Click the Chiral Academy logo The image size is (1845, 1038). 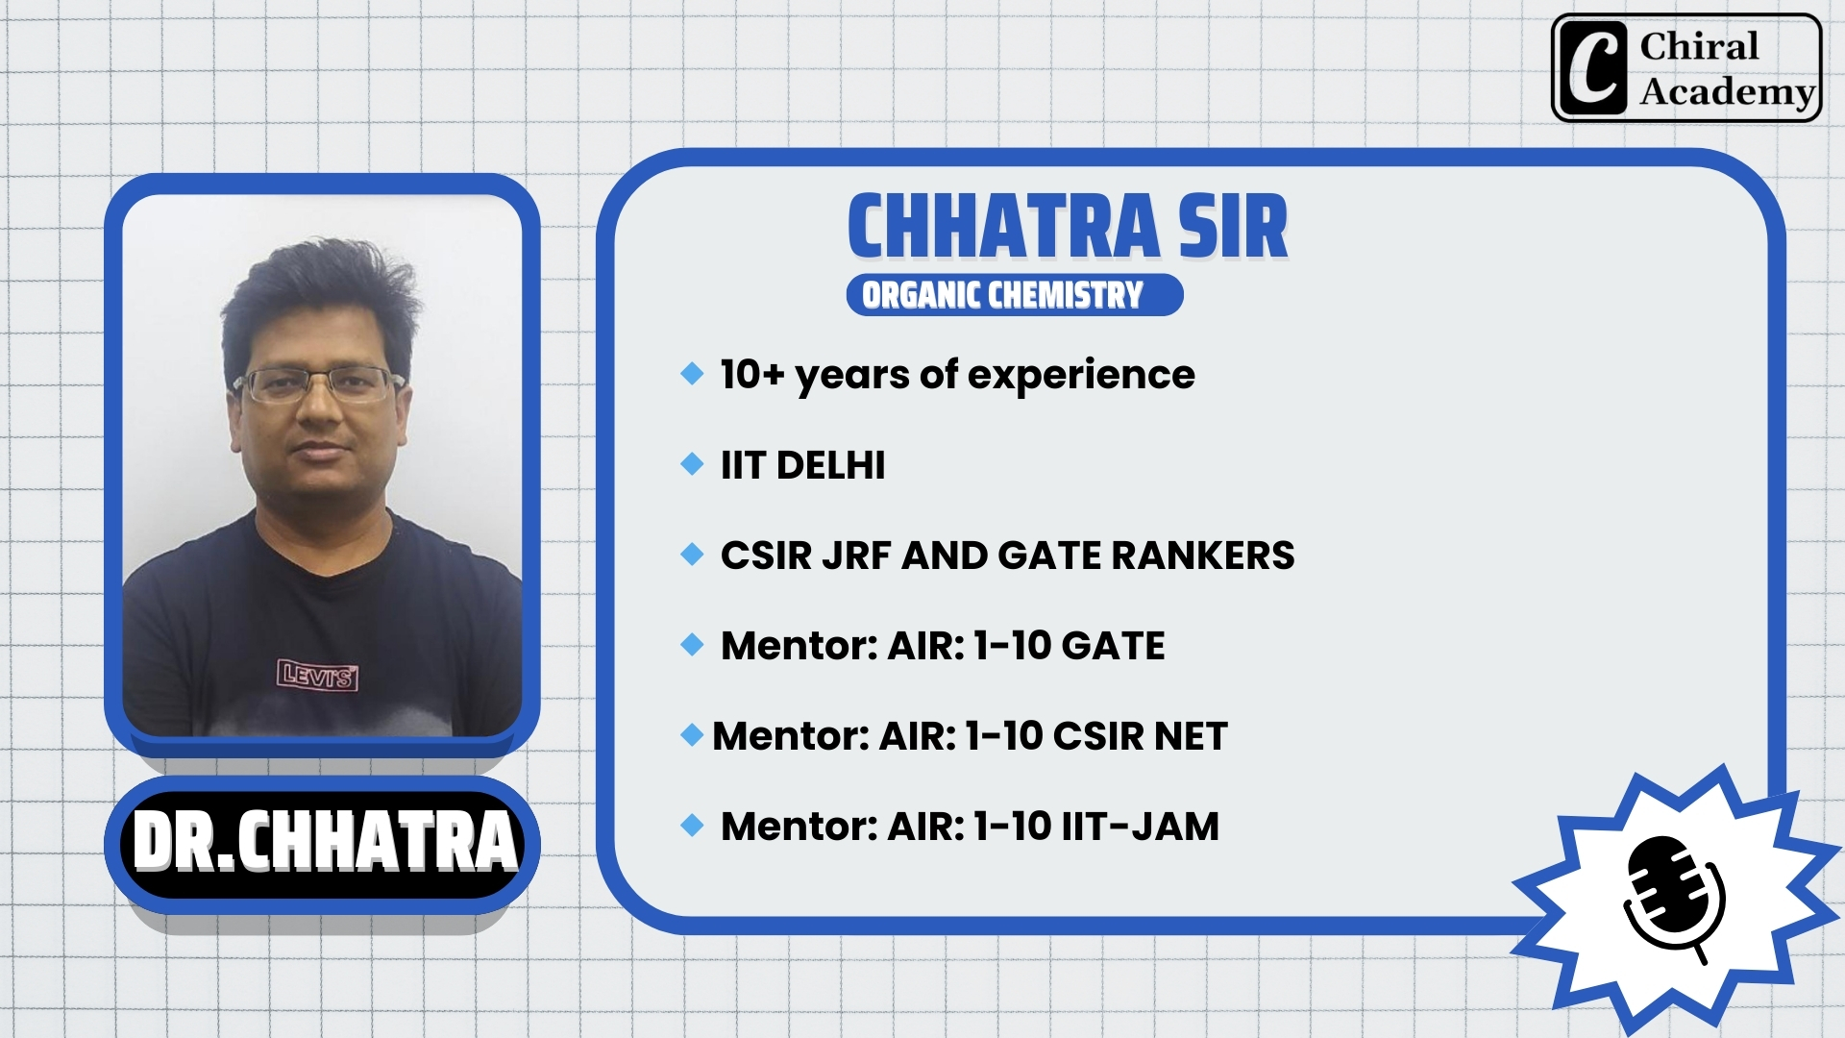pyautogui.click(x=1686, y=67)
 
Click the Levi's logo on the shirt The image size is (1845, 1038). pyautogui.click(x=318, y=675)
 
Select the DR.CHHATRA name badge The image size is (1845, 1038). pyautogui.click(x=323, y=844)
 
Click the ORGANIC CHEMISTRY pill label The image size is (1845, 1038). pyautogui.click(x=1015, y=294)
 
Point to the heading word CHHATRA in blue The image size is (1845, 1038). pyautogui.click(x=1004, y=227)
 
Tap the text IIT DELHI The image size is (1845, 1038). pyautogui.click(x=803, y=465)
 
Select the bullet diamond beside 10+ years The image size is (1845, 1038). pyautogui.click(x=692, y=373)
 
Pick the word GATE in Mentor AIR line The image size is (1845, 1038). pyautogui.click(x=1114, y=646)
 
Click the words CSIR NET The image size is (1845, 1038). pyautogui.click(x=1141, y=736)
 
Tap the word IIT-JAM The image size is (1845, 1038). pyautogui.click(x=1141, y=827)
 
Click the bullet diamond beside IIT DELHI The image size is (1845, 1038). pyautogui.click(x=692, y=464)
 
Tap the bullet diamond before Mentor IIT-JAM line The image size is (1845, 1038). pyautogui.click(x=692, y=825)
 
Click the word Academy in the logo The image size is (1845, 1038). pyautogui.click(x=1727, y=92)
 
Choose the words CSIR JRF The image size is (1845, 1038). pyautogui.click(x=806, y=556)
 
